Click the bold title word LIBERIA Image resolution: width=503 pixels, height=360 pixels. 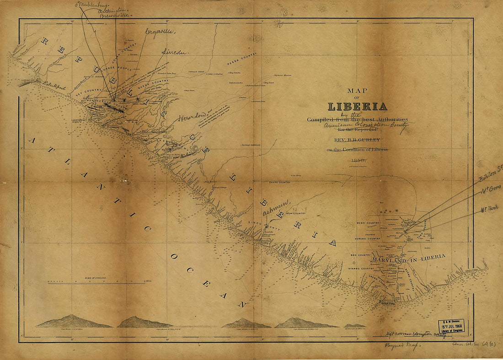tap(357, 106)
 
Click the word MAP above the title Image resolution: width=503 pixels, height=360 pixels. tap(358, 91)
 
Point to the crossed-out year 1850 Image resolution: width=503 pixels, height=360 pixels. tap(357, 160)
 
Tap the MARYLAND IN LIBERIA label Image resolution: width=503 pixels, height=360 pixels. tap(408, 259)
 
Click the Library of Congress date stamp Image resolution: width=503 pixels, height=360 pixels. tap(451, 326)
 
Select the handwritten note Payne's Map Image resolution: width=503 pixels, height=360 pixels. tap(396, 346)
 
